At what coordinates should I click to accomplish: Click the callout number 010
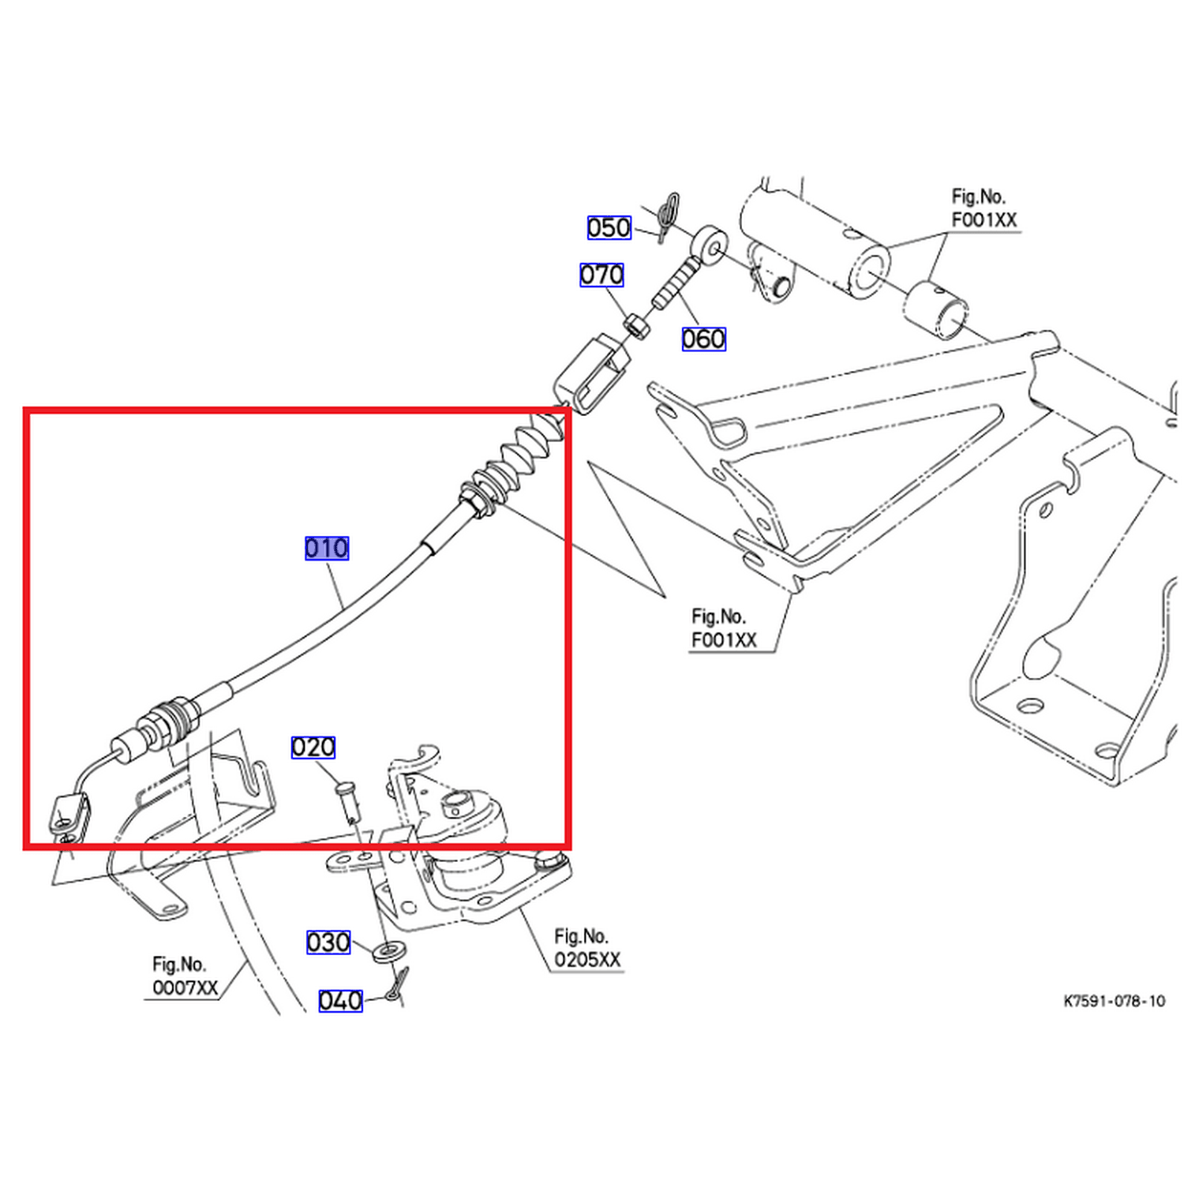pyautogui.click(x=326, y=548)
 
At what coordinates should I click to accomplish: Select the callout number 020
pyautogui.click(x=313, y=747)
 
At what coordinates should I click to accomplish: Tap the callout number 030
pyautogui.click(x=328, y=942)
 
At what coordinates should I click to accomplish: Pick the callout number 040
pyautogui.click(x=340, y=1000)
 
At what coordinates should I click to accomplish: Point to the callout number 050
pyautogui.click(x=609, y=227)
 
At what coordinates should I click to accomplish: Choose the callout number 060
pyautogui.click(x=703, y=339)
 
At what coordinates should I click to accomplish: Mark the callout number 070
pyautogui.click(x=601, y=274)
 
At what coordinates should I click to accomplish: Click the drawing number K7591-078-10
pyautogui.click(x=1114, y=1001)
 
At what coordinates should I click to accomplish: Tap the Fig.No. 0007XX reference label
pyautogui.click(x=185, y=976)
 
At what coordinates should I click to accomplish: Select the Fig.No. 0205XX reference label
pyautogui.click(x=587, y=947)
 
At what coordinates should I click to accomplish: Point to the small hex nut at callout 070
pyautogui.click(x=638, y=325)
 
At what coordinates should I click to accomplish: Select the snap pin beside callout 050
pyautogui.click(x=666, y=217)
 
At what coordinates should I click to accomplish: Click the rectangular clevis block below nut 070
pyautogui.click(x=592, y=373)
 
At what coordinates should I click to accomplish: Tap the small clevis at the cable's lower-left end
pyautogui.click(x=69, y=814)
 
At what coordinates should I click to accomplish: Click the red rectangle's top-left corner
pyautogui.click(x=26, y=410)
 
